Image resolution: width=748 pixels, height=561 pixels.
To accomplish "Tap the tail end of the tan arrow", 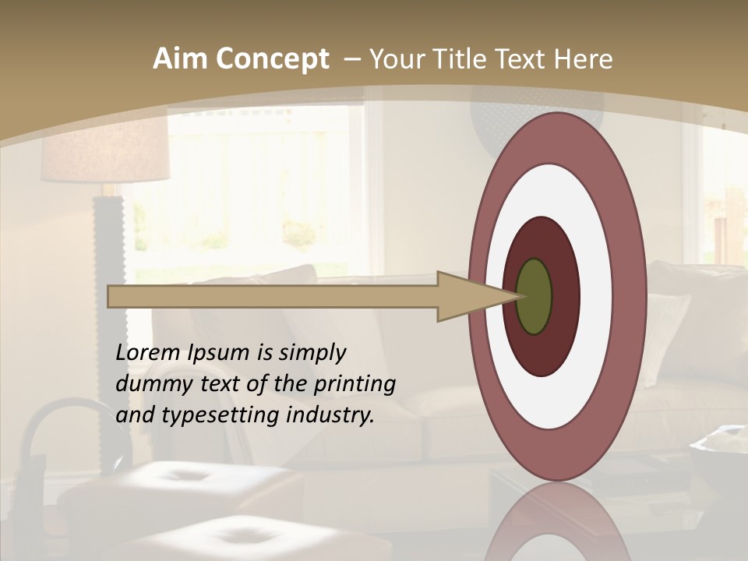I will coord(110,296).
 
